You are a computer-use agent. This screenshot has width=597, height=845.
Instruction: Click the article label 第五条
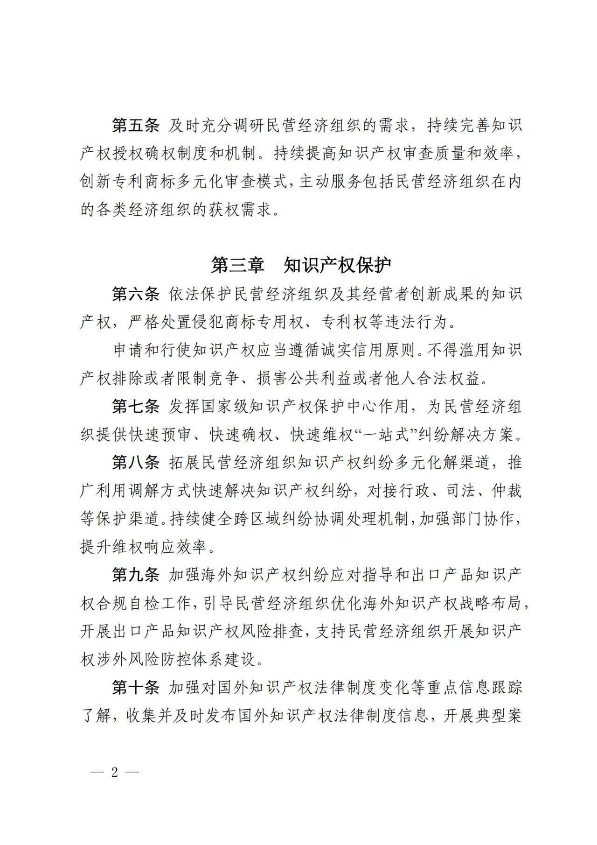pyautogui.click(x=136, y=125)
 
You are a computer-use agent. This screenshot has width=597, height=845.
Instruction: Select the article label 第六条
pyautogui.click(x=136, y=294)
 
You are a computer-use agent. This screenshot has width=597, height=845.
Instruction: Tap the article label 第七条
pyautogui.click(x=136, y=407)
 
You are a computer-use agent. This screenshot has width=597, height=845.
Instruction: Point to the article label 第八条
pyautogui.click(x=136, y=463)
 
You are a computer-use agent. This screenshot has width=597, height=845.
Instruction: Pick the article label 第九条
pyautogui.click(x=136, y=575)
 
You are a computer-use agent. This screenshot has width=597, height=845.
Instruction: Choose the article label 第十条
pyautogui.click(x=136, y=688)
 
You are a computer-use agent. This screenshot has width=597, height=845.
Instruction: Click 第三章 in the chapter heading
pyautogui.click(x=238, y=265)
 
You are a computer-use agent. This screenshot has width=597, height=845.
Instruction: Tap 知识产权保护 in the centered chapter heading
pyautogui.click(x=337, y=265)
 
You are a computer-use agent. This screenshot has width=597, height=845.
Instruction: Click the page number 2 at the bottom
pyautogui.click(x=115, y=772)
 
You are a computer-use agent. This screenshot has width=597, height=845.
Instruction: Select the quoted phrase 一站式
pyautogui.click(x=389, y=435)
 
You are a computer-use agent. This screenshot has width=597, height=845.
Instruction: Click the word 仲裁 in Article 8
pyautogui.click(x=507, y=491)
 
